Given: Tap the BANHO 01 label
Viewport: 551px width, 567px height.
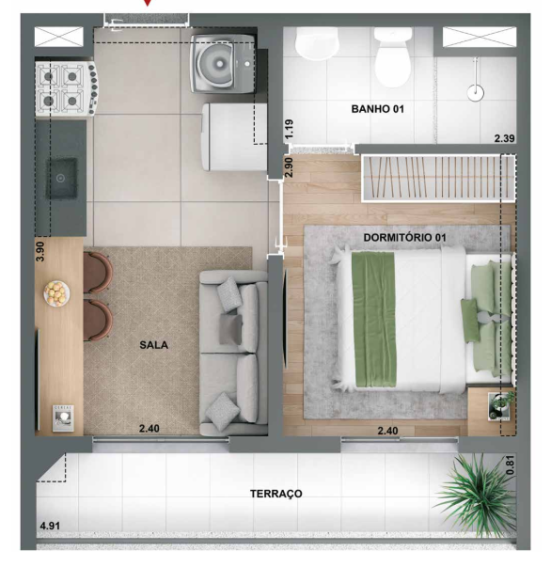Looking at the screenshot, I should pyautogui.click(x=377, y=109).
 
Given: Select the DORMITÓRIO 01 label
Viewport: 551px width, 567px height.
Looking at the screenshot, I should pyautogui.click(x=402, y=237).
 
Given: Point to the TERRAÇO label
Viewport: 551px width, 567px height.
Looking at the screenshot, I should pyautogui.click(x=275, y=493).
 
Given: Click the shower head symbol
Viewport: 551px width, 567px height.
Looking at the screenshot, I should pyautogui.click(x=477, y=91).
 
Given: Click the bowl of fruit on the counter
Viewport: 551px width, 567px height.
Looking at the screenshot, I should pyautogui.click(x=59, y=294).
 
